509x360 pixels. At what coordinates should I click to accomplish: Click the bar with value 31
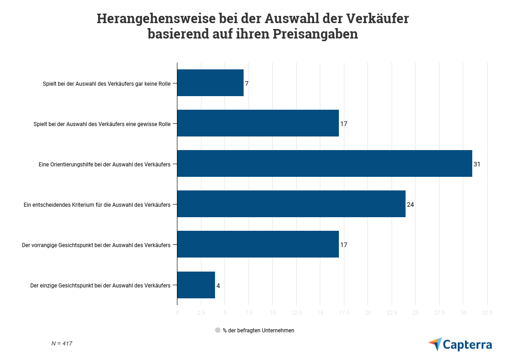[x=324, y=164]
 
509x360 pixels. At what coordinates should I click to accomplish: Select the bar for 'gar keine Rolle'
[x=210, y=83]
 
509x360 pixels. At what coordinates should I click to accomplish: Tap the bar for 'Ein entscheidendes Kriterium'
[x=291, y=204]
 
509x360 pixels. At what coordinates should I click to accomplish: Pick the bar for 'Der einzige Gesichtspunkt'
[x=196, y=285]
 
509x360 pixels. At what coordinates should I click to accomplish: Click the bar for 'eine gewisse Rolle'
[x=258, y=123]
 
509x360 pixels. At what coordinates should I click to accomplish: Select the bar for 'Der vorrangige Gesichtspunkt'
[x=258, y=244]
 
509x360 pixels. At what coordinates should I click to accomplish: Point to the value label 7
[x=247, y=83]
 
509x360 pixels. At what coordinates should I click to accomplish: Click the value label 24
[x=410, y=204]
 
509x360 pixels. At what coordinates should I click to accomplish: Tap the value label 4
[x=218, y=286]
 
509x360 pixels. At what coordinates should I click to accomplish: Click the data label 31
[x=476, y=164]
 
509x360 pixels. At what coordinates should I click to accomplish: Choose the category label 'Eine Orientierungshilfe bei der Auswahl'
[x=104, y=164]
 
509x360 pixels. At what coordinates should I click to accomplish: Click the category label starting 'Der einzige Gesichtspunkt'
[x=100, y=286]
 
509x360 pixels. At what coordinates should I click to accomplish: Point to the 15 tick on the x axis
[x=320, y=313]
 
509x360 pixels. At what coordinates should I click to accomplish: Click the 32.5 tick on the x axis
[x=487, y=313]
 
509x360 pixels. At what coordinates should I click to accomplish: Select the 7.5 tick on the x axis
[x=249, y=313]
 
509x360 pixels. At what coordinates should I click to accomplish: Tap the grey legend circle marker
[x=218, y=331]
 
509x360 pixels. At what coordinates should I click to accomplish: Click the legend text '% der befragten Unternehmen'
[x=258, y=331]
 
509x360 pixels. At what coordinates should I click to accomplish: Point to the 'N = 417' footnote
[x=62, y=344]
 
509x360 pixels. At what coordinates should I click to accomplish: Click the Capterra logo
[x=460, y=345]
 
